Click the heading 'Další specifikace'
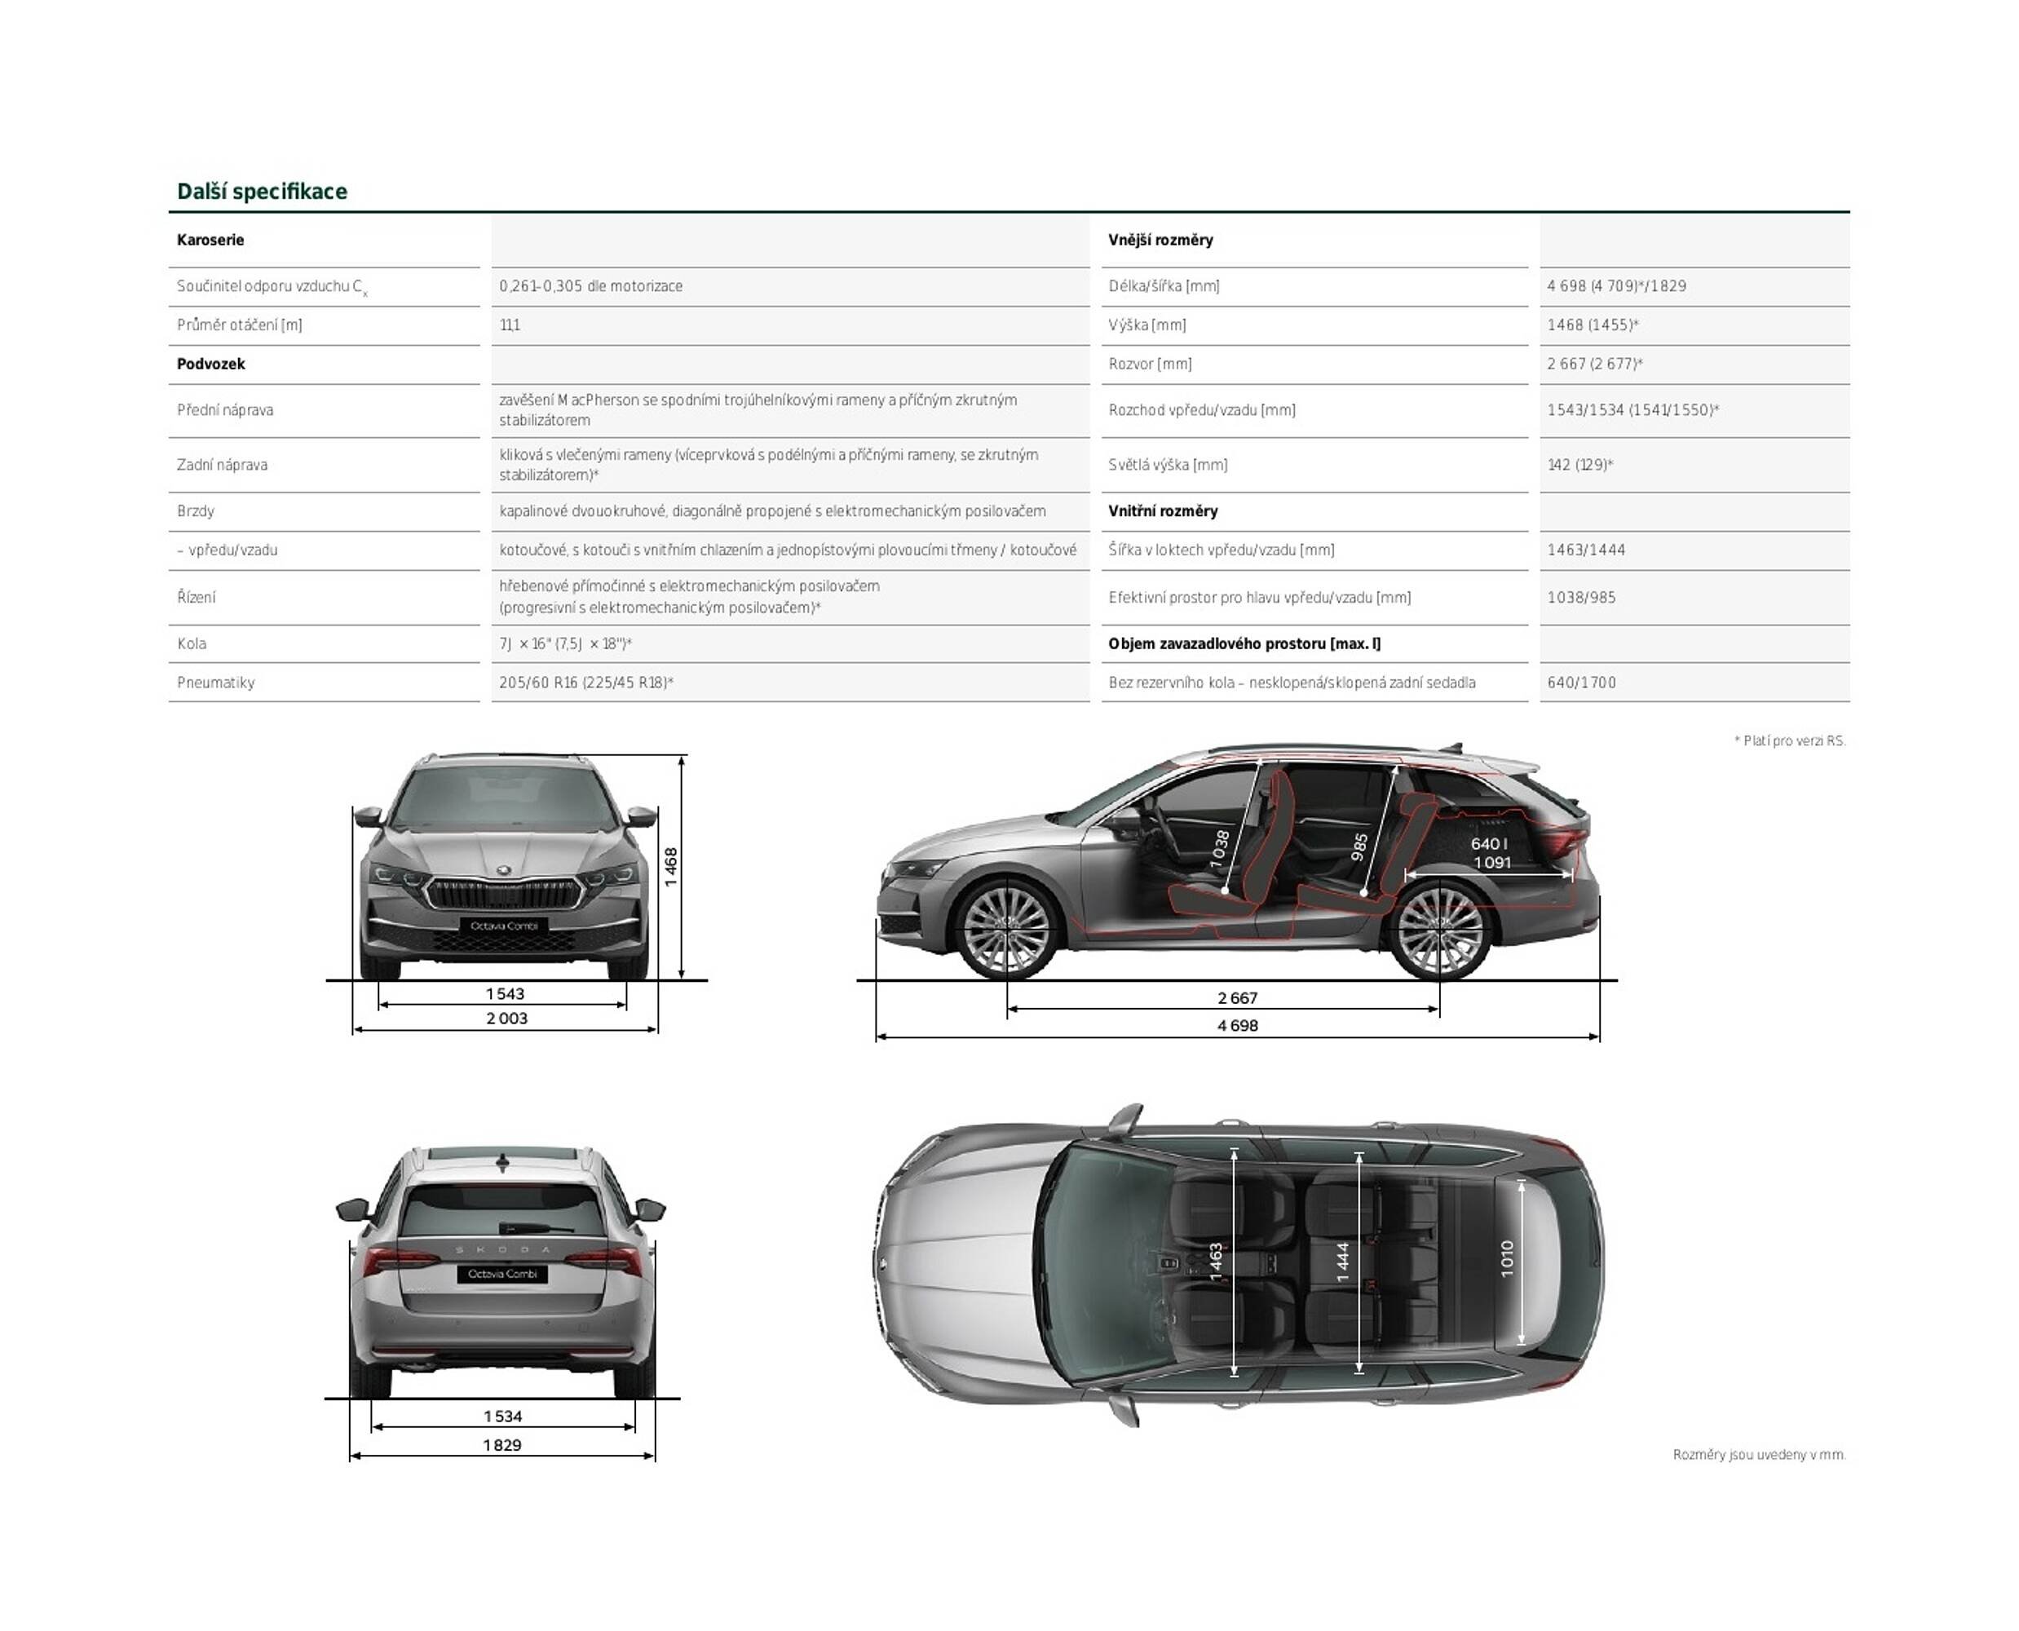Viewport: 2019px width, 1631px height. point(262,192)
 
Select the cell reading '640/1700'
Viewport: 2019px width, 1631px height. point(1581,683)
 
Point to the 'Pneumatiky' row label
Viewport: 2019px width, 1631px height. point(216,683)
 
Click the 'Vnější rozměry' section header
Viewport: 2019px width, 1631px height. point(1160,240)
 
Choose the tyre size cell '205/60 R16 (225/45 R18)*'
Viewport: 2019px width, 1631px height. point(586,683)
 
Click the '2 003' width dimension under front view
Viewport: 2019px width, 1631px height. point(506,1019)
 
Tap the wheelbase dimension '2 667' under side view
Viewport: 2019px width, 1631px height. point(1237,998)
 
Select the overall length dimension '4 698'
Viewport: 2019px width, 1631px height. point(1237,1025)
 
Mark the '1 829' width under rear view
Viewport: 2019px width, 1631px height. point(502,1445)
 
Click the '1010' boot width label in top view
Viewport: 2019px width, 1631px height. point(1507,1259)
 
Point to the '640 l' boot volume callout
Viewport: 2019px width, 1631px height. point(1489,844)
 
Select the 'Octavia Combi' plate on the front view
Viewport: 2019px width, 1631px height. point(504,926)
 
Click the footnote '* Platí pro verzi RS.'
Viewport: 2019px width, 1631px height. point(1789,741)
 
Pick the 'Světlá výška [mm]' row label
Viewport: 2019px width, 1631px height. point(1168,465)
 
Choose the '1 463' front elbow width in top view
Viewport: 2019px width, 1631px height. point(1216,1262)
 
